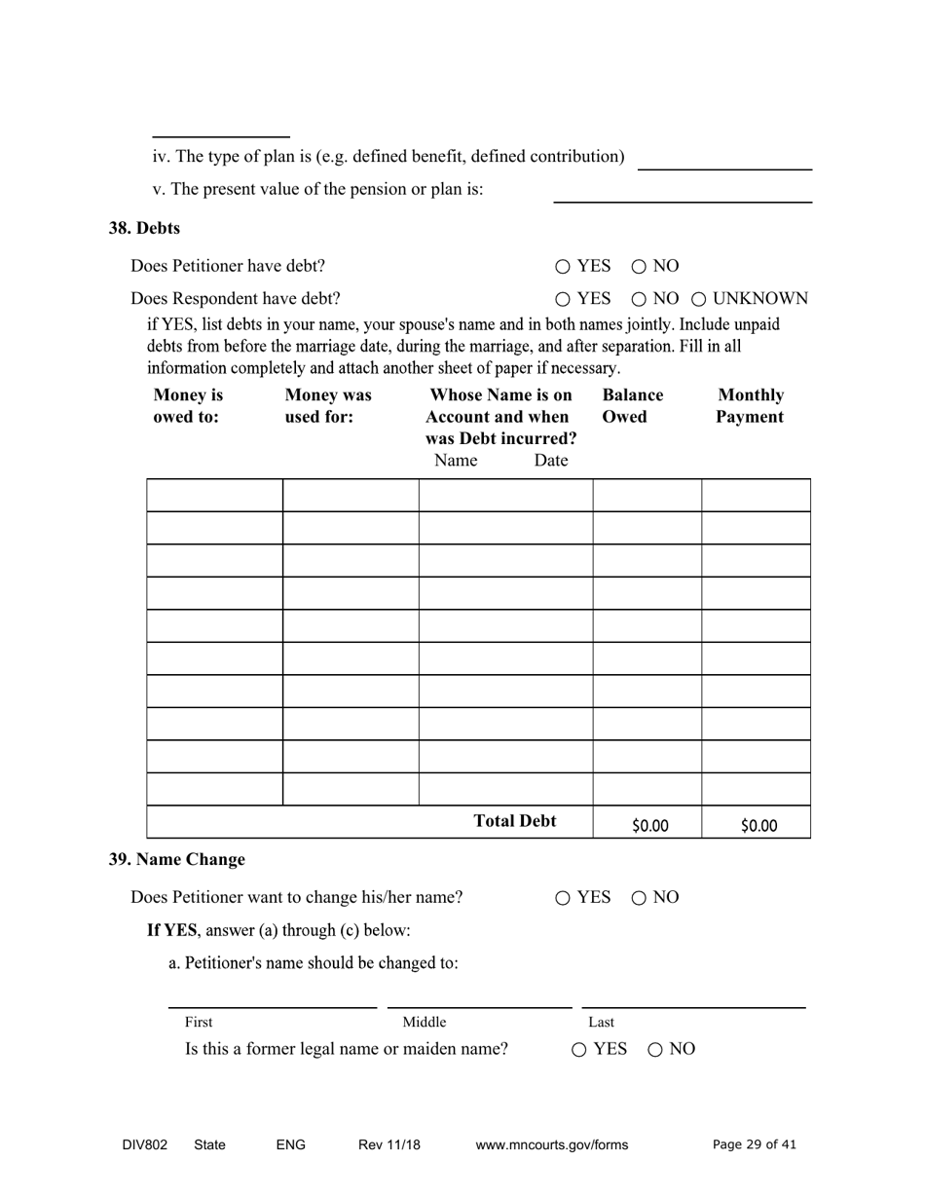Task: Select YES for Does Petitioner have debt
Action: [x=563, y=267]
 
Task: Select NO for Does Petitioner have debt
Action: [x=639, y=267]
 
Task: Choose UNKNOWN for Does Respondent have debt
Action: [x=699, y=299]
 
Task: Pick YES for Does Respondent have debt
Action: [x=563, y=299]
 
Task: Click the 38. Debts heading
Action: [x=144, y=228]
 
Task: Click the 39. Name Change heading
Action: [x=176, y=860]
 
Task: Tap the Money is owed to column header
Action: [x=188, y=406]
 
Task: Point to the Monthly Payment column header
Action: [x=750, y=406]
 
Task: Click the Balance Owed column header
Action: [x=632, y=406]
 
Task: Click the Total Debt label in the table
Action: [x=514, y=821]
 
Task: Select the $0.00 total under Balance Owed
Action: [x=649, y=826]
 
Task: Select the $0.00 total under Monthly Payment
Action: [x=758, y=826]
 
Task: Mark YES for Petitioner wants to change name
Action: [x=563, y=898]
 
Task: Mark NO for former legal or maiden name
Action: [x=655, y=1050]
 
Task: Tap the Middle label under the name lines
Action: [x=425, y=1022]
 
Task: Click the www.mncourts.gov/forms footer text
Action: [x=551, y=1145]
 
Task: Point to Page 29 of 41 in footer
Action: [x=754, y=1145]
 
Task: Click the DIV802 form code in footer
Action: [x=145, y=1145]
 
